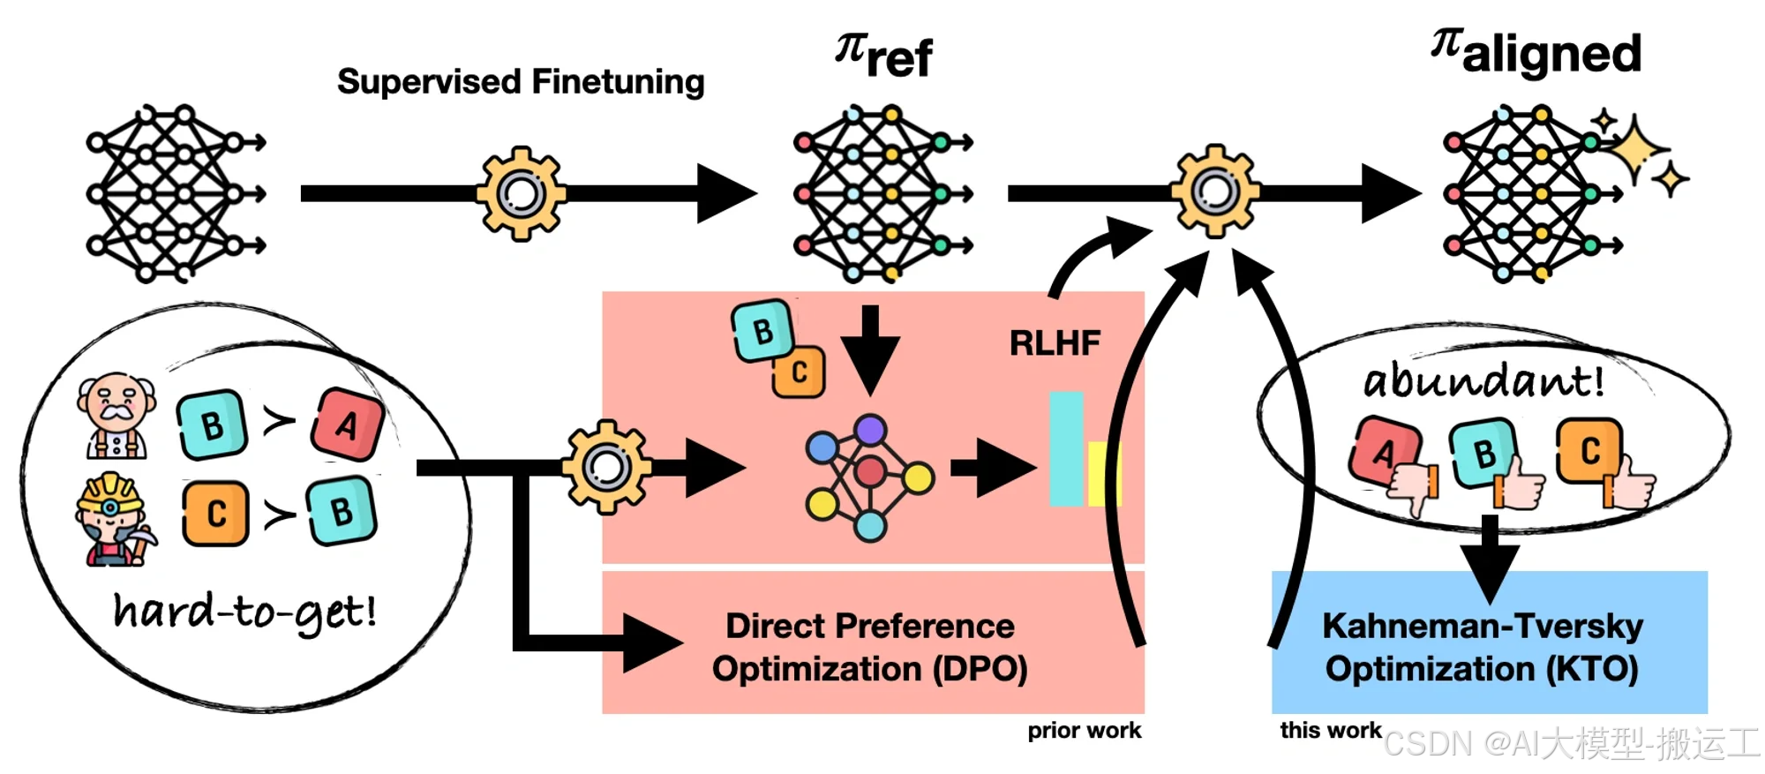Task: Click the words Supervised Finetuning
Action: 521,82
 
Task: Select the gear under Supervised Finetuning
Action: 521,193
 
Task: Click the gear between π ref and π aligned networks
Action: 1215,191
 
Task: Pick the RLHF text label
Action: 1055,342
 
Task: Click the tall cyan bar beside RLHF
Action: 1065,448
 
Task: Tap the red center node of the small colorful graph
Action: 870,472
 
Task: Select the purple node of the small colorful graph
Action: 870,430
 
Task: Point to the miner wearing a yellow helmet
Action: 113,519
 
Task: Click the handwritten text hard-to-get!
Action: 245,612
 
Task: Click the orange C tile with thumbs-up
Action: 1588,452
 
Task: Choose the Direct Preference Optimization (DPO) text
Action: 870,647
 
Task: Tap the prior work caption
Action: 1084,731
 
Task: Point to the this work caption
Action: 1330,731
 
